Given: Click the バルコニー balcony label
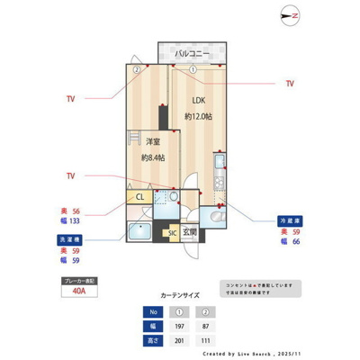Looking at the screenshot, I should pyautogui.click(x=192, y=53).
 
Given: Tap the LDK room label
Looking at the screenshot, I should pyautogui.click(x=197, y=100).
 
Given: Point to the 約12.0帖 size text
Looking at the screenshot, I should pyautogui.click(x=198, y=117).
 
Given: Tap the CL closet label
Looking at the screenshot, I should pyautogui.click(x=139, y=197).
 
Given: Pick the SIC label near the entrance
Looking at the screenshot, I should pyautogui.click(x=171, y=233).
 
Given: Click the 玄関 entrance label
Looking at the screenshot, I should pyautogui.click(x=190, y=232).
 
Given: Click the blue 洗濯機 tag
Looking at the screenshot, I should pyautogui.click(x=76, y=239).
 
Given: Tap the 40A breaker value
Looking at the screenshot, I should pyautogui.click(x=80, y=292).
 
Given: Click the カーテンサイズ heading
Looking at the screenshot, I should pyautogui.click(x=180, y=294).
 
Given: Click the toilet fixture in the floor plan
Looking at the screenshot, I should pyautogui.click(x=217, y=216).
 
